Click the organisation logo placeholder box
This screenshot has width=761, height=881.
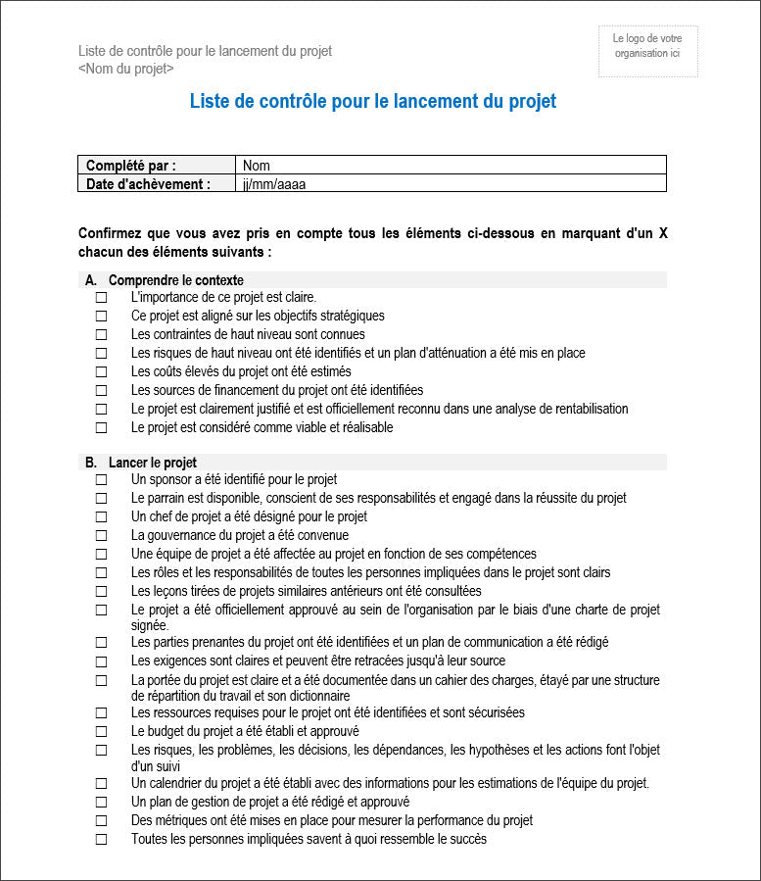(647, 51)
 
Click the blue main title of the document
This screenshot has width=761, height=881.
(372, 102)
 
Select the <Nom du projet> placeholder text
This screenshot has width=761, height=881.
(126, 69)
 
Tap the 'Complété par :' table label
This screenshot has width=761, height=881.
(131, 166)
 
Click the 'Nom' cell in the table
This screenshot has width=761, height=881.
(257, 166)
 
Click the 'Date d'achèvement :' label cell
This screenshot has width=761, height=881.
(148, 183)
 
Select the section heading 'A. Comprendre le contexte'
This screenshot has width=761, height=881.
(165, 280)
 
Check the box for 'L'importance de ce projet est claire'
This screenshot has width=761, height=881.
(101, 297)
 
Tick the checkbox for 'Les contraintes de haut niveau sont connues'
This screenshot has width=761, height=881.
(101, 334)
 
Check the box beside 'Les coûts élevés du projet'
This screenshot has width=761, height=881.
(101, 372)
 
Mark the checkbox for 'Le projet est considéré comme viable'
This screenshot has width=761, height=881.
(101, 428)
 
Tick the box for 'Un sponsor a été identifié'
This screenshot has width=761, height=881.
(101, 480)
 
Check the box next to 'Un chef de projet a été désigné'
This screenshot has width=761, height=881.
(101, 517)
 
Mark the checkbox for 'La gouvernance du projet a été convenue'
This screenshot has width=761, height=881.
(101, 536)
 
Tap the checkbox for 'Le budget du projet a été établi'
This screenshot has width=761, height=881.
(101, 732)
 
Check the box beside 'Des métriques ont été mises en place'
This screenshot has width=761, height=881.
(101, 821)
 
